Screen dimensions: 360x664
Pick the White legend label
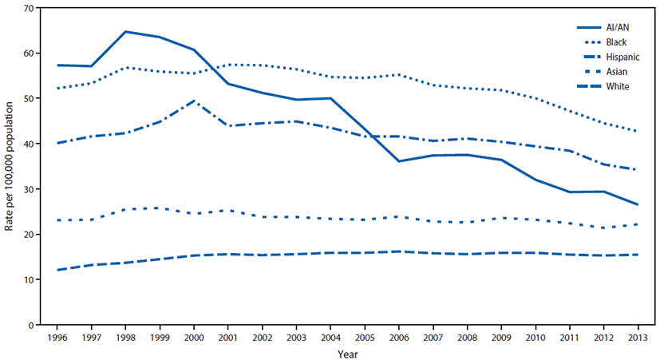(617, 85)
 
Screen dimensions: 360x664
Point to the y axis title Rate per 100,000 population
(9, 166)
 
